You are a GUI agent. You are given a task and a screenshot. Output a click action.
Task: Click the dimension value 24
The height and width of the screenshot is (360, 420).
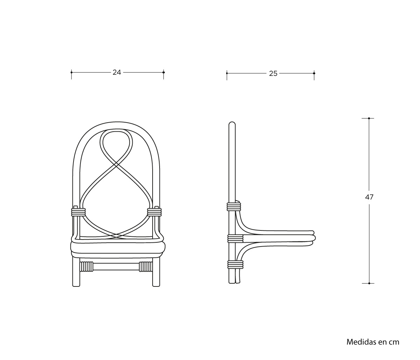click(x=117, y=72)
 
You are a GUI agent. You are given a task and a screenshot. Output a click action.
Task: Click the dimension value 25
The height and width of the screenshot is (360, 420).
click(x=273, y=74)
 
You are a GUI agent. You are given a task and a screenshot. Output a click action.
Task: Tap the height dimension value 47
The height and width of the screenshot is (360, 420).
click(x=369, y=197)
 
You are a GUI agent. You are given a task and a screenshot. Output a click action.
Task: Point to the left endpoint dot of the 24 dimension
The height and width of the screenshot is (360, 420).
click(x=71, y=72)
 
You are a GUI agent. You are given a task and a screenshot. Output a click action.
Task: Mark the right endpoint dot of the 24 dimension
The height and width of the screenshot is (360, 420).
click(x=163, y=72)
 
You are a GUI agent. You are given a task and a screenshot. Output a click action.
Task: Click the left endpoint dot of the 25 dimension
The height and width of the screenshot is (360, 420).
click(x=227, y=74)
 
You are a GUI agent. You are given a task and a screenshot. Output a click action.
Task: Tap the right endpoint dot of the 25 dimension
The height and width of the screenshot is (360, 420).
click(x=314, y=74)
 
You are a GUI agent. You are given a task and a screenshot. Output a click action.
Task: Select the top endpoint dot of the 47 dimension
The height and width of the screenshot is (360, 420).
click(x=369, y=118)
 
